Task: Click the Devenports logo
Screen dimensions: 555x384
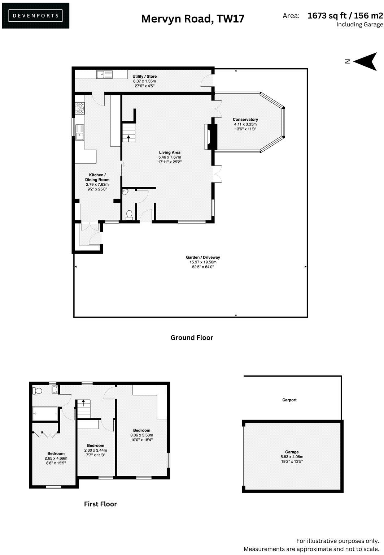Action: tap(35, 16)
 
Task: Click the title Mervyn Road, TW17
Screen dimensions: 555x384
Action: tap(192, 18)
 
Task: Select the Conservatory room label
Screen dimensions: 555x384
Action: tap(245, 120)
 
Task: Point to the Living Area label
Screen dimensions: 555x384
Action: tap(169, 152)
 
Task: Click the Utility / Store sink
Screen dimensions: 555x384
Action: tap(104, 74)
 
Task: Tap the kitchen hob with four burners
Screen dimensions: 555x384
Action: tap(80, 108)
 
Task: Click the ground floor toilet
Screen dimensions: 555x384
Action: tap(130, 215)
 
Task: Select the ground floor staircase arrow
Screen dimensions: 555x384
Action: tap(128, 137)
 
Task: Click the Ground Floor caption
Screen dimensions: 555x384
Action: tap(192, 337)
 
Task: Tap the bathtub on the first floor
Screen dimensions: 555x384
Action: tap(45, 413)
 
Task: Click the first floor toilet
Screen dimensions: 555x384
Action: tap(37, 391)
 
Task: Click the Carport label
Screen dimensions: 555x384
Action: tap(289, 400)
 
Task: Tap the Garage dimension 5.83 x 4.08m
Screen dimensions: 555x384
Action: tap(292, 457)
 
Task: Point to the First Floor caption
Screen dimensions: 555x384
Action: tap(100, 504)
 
